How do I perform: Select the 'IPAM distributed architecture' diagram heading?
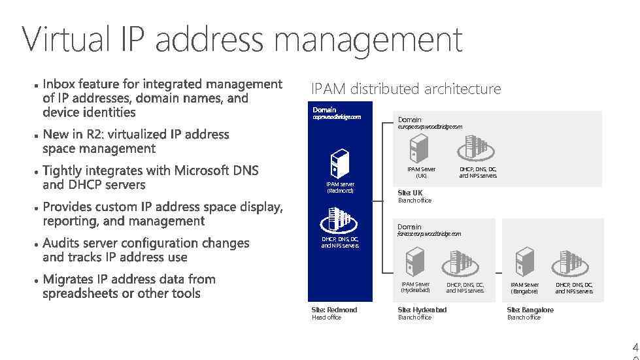point(406,89)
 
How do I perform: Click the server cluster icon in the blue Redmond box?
point(339,220)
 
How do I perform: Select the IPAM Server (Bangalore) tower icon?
point(524,263)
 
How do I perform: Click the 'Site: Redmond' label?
point(335,310)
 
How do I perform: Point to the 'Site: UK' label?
point(411,193)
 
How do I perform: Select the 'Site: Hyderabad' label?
point(422,310)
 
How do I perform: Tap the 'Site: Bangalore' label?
point(530,310)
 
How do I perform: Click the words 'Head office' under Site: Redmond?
point(327,318)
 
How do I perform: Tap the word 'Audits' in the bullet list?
point(61,243)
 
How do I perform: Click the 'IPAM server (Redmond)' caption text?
point(340,188)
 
